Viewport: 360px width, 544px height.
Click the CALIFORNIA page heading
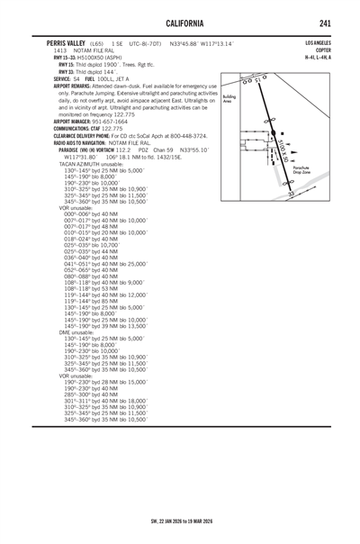179,22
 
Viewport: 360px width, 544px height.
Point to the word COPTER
320,50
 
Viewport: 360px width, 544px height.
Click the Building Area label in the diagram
229,98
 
